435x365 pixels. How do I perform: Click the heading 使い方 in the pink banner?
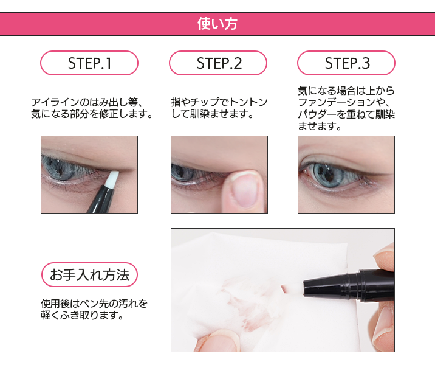pos(217,24)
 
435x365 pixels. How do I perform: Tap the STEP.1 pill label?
pos(89,63)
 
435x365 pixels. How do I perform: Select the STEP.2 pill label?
pos(218,63)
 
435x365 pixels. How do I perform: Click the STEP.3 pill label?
pos(346,63)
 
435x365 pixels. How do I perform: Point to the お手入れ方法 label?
pos(89,275)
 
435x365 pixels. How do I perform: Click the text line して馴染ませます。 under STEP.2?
pos(212,114)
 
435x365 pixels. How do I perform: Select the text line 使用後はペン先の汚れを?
pos(94,304)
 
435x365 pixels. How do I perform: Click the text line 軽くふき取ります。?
pos(83,315)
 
